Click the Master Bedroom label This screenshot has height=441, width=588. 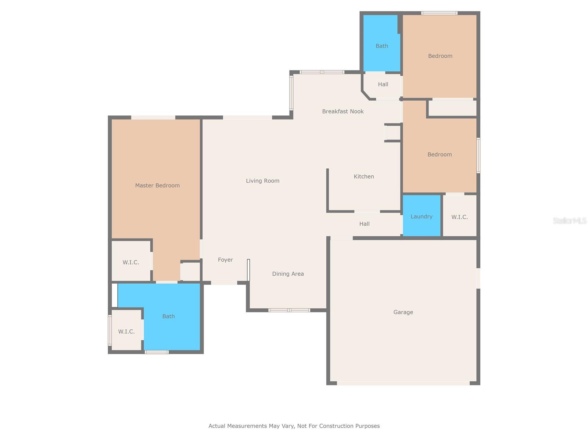(x=157, y=186)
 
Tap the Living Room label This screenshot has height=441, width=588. (x=262, y=181)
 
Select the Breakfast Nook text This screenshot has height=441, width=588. (x=343, y=111)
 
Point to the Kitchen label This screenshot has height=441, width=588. (x=363, y=176)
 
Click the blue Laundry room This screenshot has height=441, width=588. (x=422, y=216)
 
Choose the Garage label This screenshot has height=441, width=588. (x=403, y=312)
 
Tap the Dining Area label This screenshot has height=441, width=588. (x=288, y=274)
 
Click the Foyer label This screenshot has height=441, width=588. (x=225, y=260)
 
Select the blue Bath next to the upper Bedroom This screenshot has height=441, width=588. (x=381, y=46)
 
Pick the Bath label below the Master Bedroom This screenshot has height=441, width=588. (x=168, y=316)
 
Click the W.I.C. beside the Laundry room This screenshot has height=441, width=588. (x=459, y=217)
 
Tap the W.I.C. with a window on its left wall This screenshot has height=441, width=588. (x=126, y=331)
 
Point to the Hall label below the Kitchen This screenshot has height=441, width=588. (x=364, y=224)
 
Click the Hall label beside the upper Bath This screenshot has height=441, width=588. (x=383, y=85)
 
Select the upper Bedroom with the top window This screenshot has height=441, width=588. (x=440, y=56)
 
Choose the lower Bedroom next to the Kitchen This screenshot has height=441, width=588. (x=440, y=154)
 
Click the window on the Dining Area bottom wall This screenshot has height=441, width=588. (x=289, y=310)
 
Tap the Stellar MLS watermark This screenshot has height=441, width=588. (x=570, y=220)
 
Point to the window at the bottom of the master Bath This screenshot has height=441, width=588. (x=157, y=352)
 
